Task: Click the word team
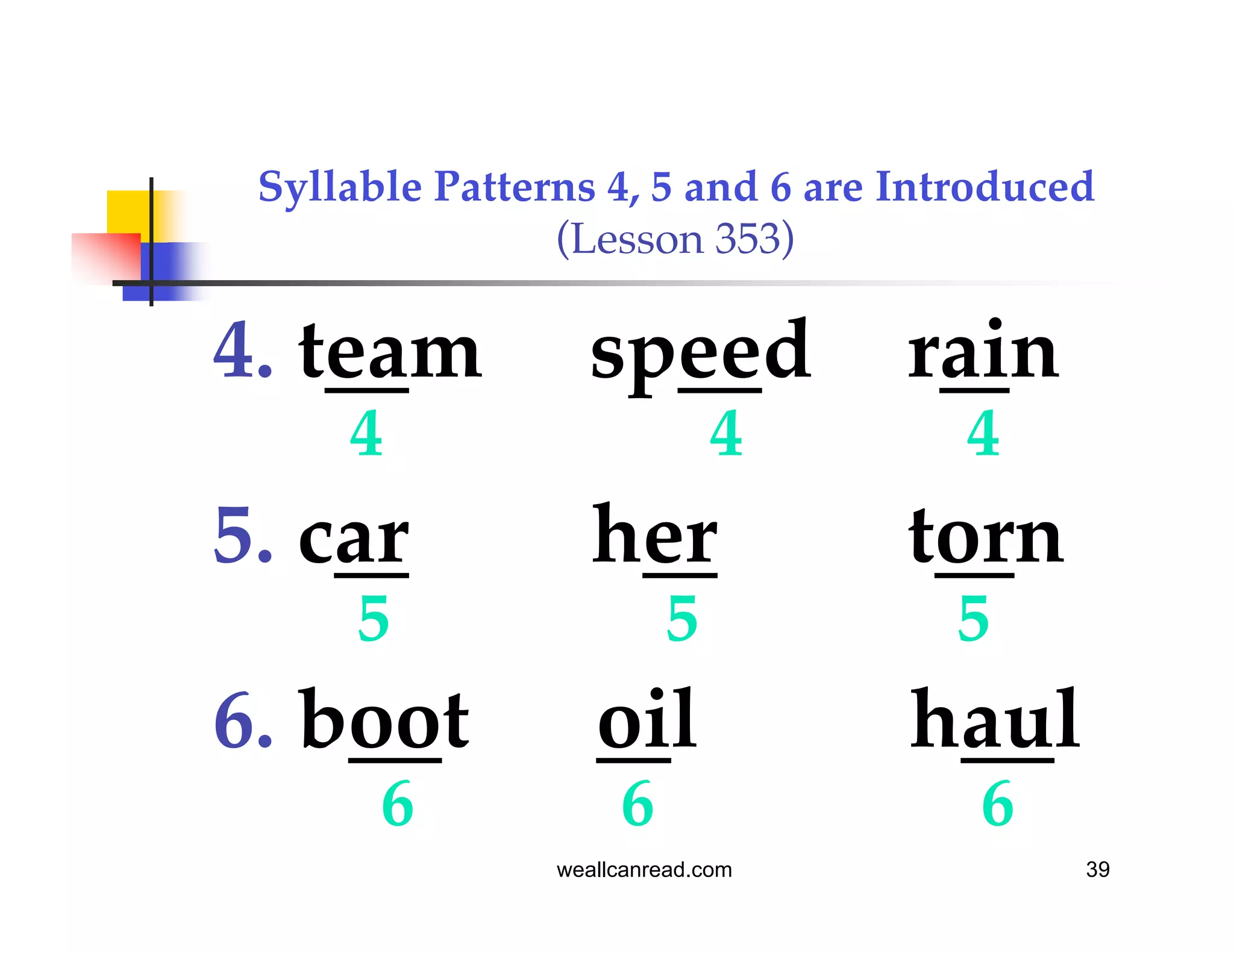click(x=390, y=352)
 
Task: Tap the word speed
click(x=700, y=353)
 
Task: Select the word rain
click(x=983, y=352)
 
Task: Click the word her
click(x=655, y=536)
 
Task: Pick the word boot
click(x=384, y=720)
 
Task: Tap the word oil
click(x=647, y=720)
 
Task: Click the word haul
click(x=995, y=720)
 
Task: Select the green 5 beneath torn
click(x=973, y=618)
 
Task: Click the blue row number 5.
click(x=235, y=536)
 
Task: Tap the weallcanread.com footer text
click(x=644, y=869)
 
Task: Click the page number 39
click(x=1097, y=869)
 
